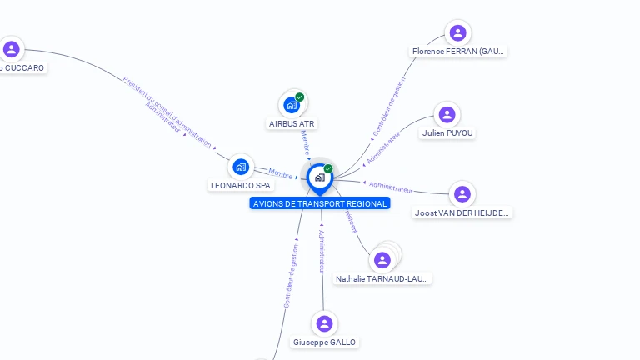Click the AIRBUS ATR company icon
[291, 105]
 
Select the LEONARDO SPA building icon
[241, 167]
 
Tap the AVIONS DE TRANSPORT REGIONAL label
[320, 203]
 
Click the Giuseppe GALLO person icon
[325, 323]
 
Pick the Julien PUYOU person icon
[447, 114]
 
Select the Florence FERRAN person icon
[457, 33]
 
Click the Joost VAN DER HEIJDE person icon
[462, 194]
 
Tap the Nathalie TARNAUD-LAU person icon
[382, 260]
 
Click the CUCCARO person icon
[11, 49]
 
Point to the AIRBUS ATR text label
[292, 123]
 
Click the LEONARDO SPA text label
[241, 185]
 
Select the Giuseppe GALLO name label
[324, 342]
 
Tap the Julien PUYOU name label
[447, 132]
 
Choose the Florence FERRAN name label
[458, 52]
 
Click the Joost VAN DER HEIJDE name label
[462, 212]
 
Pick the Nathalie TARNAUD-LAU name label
[382, 278]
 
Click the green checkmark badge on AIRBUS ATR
[300, 97]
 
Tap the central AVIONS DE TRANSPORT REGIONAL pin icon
[320, 177]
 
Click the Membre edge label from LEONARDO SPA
[281, 172]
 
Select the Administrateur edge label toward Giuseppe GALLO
[322, 251]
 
